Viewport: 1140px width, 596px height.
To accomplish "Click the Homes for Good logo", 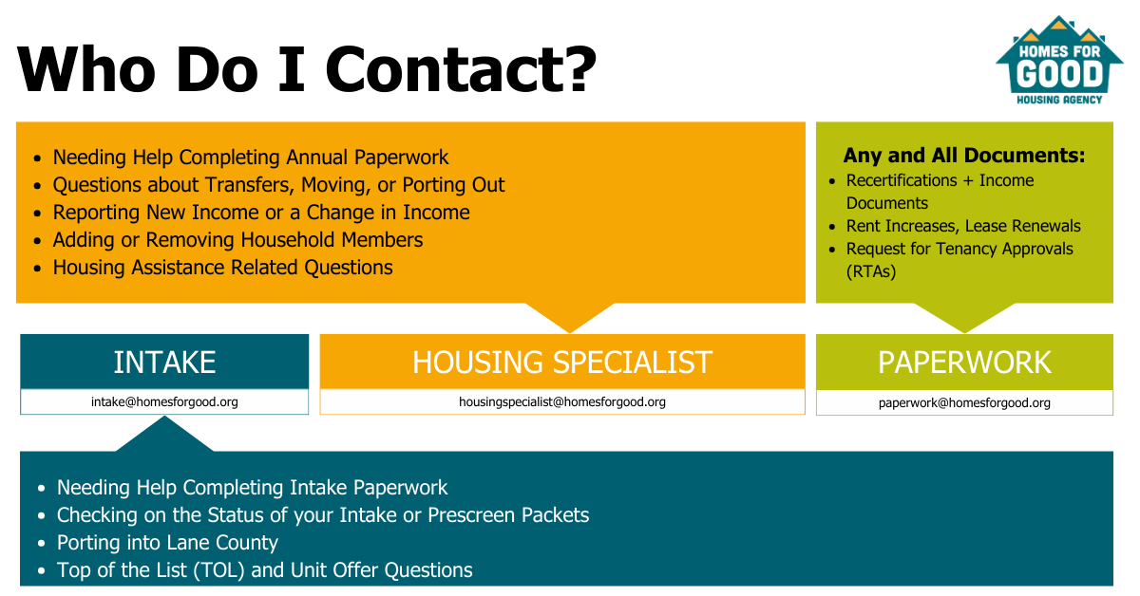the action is coord(1059,61).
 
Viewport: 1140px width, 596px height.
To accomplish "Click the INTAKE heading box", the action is coord(164,362).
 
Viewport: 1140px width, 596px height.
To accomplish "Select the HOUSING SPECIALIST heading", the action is coord(561,362).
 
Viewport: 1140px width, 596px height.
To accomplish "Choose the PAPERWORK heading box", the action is coord(964,363).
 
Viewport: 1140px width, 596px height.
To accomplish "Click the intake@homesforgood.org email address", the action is coord(164,401).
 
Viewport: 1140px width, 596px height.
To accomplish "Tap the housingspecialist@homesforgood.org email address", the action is coord(561,401).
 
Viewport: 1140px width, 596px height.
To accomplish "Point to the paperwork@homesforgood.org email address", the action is coord(964,402).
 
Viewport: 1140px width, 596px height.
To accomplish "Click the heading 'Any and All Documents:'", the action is coord(964,155).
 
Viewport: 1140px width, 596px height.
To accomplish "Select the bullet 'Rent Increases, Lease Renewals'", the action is coord(963,225).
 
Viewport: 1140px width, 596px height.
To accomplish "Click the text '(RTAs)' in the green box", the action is coord(871,271).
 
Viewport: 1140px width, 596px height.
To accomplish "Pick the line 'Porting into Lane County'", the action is coord(167,543).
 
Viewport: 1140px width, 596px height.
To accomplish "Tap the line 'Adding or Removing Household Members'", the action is coord(237,239).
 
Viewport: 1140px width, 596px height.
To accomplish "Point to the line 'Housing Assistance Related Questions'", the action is coord(222,268).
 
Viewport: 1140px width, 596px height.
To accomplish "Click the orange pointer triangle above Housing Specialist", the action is coord(569,315).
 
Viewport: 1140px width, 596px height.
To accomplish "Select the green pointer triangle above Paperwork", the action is coord(964,315).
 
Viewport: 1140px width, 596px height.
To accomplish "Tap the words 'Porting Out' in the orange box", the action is coord(453,185).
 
